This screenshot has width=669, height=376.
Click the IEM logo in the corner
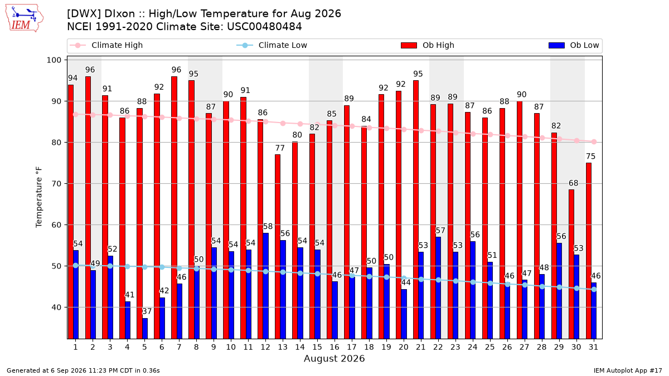coord(25,18)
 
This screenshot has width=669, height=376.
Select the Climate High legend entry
coord(106,45)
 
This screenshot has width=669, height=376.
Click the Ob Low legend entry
coord(574,45)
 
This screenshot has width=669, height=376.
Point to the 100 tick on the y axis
coord(54,60)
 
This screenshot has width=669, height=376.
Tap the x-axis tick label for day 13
coord(283,347)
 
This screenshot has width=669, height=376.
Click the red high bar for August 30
coord(571,264)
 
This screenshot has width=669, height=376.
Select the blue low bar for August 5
coord(145,329)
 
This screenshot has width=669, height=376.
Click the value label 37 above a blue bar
coord(147,311)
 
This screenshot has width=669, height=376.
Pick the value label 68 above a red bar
coord(573,183)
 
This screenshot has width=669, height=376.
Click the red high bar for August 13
coord(278,246)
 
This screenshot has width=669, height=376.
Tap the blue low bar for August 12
coord(265,286)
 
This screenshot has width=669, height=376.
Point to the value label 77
coord(279,148)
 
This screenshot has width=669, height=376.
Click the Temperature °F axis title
coord(39,197)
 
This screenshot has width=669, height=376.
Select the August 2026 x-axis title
coord(334,358)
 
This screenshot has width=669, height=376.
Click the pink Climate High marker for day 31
coord(594,141)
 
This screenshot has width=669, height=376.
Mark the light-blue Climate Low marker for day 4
coord(127,266)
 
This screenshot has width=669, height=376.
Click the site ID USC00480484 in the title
coord(264,27)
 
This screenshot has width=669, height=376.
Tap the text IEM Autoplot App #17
coord(628,370)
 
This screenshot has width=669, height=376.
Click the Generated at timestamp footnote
coord(83,370)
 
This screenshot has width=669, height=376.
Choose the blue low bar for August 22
coord(438,288)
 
